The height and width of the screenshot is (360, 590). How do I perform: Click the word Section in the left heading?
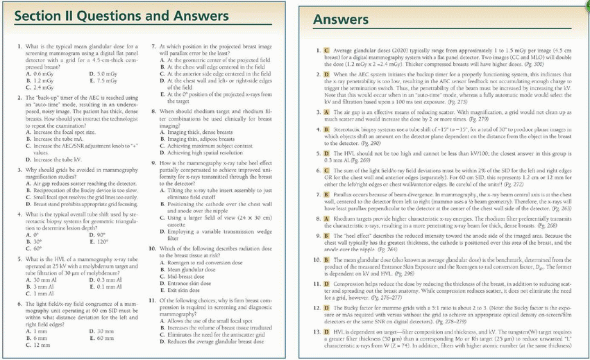pos(37,15)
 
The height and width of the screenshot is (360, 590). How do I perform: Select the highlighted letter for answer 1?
pos(326,51)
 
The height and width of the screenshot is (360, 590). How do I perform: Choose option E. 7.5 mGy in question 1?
pos(101,80)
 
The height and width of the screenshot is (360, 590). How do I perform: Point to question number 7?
pos(153,46)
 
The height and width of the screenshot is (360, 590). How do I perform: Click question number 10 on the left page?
pos(152,248)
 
